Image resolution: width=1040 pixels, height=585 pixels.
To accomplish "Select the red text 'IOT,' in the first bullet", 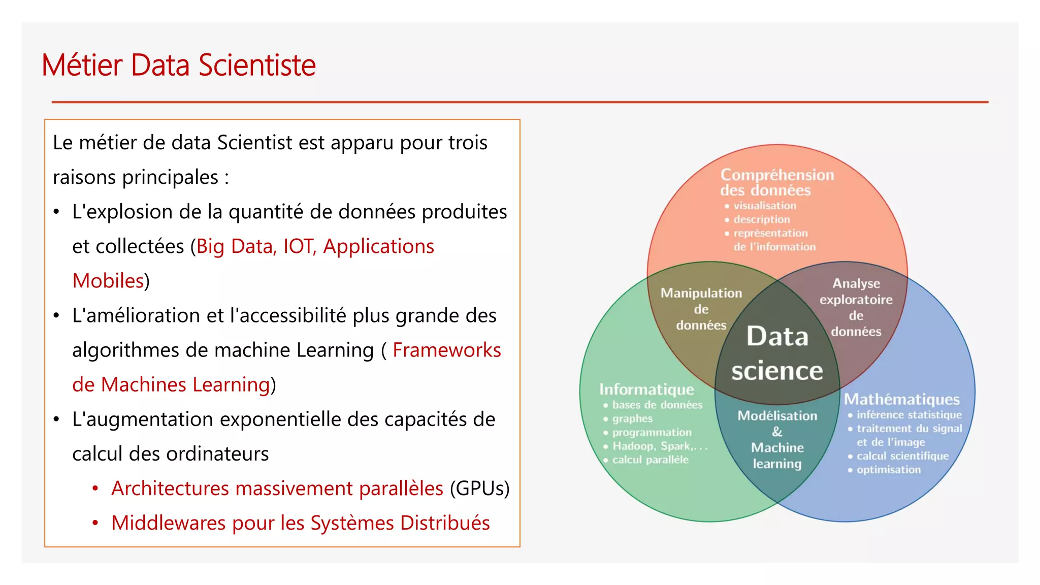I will pos(300,246).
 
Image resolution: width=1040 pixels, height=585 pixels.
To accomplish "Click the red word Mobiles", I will pos(108,281).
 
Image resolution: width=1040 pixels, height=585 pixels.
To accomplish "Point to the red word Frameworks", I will pos(446,350).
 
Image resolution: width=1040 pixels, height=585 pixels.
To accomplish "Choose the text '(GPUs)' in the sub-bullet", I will pos(479,488).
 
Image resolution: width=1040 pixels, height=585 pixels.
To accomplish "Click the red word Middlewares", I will pos(168,523).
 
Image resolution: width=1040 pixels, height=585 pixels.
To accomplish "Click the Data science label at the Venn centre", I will pos(777,353).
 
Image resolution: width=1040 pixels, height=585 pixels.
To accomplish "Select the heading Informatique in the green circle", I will pos(646,389).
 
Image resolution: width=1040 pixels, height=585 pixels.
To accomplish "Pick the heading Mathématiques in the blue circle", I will pos(901,399).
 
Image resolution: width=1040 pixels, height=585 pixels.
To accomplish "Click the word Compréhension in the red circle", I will pos(777,175).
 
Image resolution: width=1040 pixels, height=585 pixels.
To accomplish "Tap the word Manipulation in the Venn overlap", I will pos(701,293).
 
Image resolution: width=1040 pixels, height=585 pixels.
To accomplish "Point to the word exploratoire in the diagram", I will pos(856,300).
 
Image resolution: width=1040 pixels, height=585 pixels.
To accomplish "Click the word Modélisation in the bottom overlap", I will pos(777,416).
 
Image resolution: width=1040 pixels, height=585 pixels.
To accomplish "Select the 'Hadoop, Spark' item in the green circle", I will pos(659,446).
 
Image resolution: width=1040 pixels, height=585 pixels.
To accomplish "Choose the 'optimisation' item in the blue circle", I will pos(888,470).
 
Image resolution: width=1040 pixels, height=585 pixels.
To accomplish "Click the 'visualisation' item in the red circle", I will pos(764,206).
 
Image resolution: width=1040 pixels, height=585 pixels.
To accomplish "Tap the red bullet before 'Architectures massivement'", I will pos(95,489).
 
